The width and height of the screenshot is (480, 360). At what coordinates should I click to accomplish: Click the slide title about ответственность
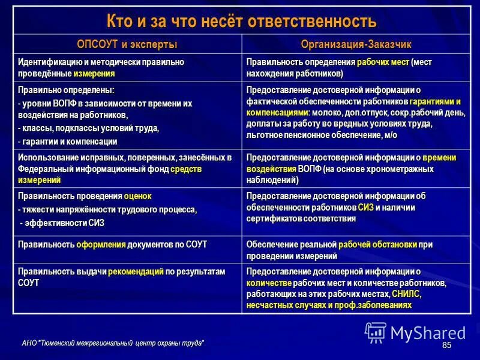(x=241, y=22)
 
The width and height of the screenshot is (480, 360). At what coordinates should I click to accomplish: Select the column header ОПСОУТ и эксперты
(x=127, y=44)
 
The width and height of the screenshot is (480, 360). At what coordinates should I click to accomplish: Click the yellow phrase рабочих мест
(x=383, y=62)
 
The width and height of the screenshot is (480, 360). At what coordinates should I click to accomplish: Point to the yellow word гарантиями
(x=435, y=101)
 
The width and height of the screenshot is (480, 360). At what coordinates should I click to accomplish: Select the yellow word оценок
(x=138, y=196)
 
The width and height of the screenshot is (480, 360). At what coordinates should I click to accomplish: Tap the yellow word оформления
(x=101, y=244)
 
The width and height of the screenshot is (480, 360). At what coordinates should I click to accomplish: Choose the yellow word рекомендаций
(x=136, y=271)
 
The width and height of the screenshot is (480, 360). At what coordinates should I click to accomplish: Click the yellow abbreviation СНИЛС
(x=406, y=294)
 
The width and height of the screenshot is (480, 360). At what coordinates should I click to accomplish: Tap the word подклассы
(x=74, y=128)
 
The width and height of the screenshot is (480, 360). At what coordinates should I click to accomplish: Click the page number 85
(x=446, y=346)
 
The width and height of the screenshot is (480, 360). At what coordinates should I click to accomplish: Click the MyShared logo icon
(x=376, y=332)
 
